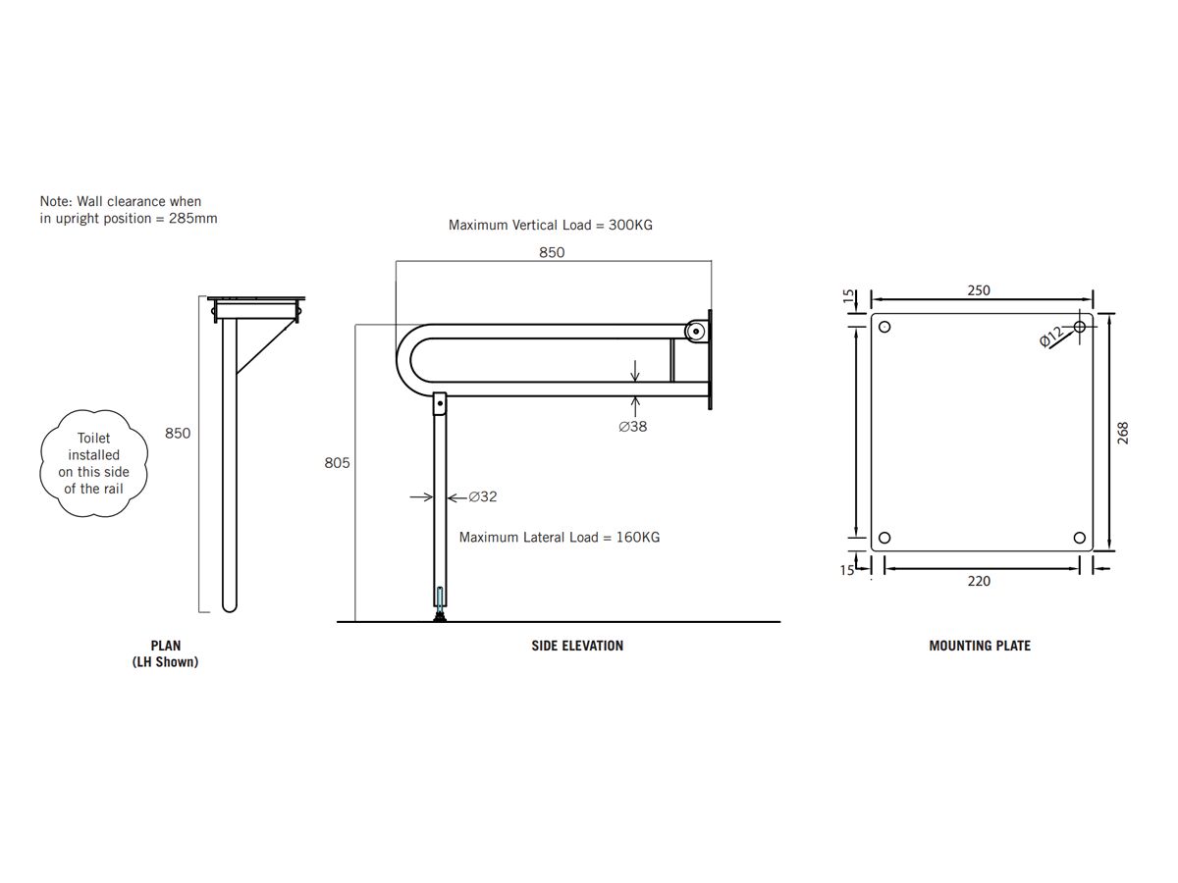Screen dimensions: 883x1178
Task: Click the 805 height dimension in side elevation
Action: click(x=338, y=462)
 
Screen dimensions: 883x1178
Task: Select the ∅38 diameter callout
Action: click(x=632, y=427)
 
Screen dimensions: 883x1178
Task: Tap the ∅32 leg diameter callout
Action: click(x=482, y=497)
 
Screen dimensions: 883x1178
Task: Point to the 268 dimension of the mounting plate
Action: click(x=1123, y=433)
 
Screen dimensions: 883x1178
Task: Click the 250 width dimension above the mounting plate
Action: click(x=979, y=290)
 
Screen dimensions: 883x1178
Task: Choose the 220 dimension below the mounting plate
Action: click(x=979, y=581)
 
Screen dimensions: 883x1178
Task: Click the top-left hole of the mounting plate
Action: click(x=883, y=327)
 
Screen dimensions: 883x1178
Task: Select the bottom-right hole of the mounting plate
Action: click(x=1080, y=538)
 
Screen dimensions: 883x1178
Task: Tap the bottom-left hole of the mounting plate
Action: click(x=883, y=538)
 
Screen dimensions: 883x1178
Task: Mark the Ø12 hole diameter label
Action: click(x=1052, y=338)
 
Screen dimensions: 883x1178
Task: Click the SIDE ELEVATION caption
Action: click(x=577, y=646)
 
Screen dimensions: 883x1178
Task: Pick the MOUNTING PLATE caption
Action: click(x=980, y=646)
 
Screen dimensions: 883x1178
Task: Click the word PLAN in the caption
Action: click(x=166, y=646)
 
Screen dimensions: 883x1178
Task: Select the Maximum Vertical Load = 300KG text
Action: click(x=551, y=225)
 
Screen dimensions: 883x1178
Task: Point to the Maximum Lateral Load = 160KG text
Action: click(x=560, y=538)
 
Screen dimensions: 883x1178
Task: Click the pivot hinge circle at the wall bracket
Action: click(x=696, y=331)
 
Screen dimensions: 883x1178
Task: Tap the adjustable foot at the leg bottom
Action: click(x=440, y=612)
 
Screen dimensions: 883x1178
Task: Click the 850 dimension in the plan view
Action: click(x=178, y=433)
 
